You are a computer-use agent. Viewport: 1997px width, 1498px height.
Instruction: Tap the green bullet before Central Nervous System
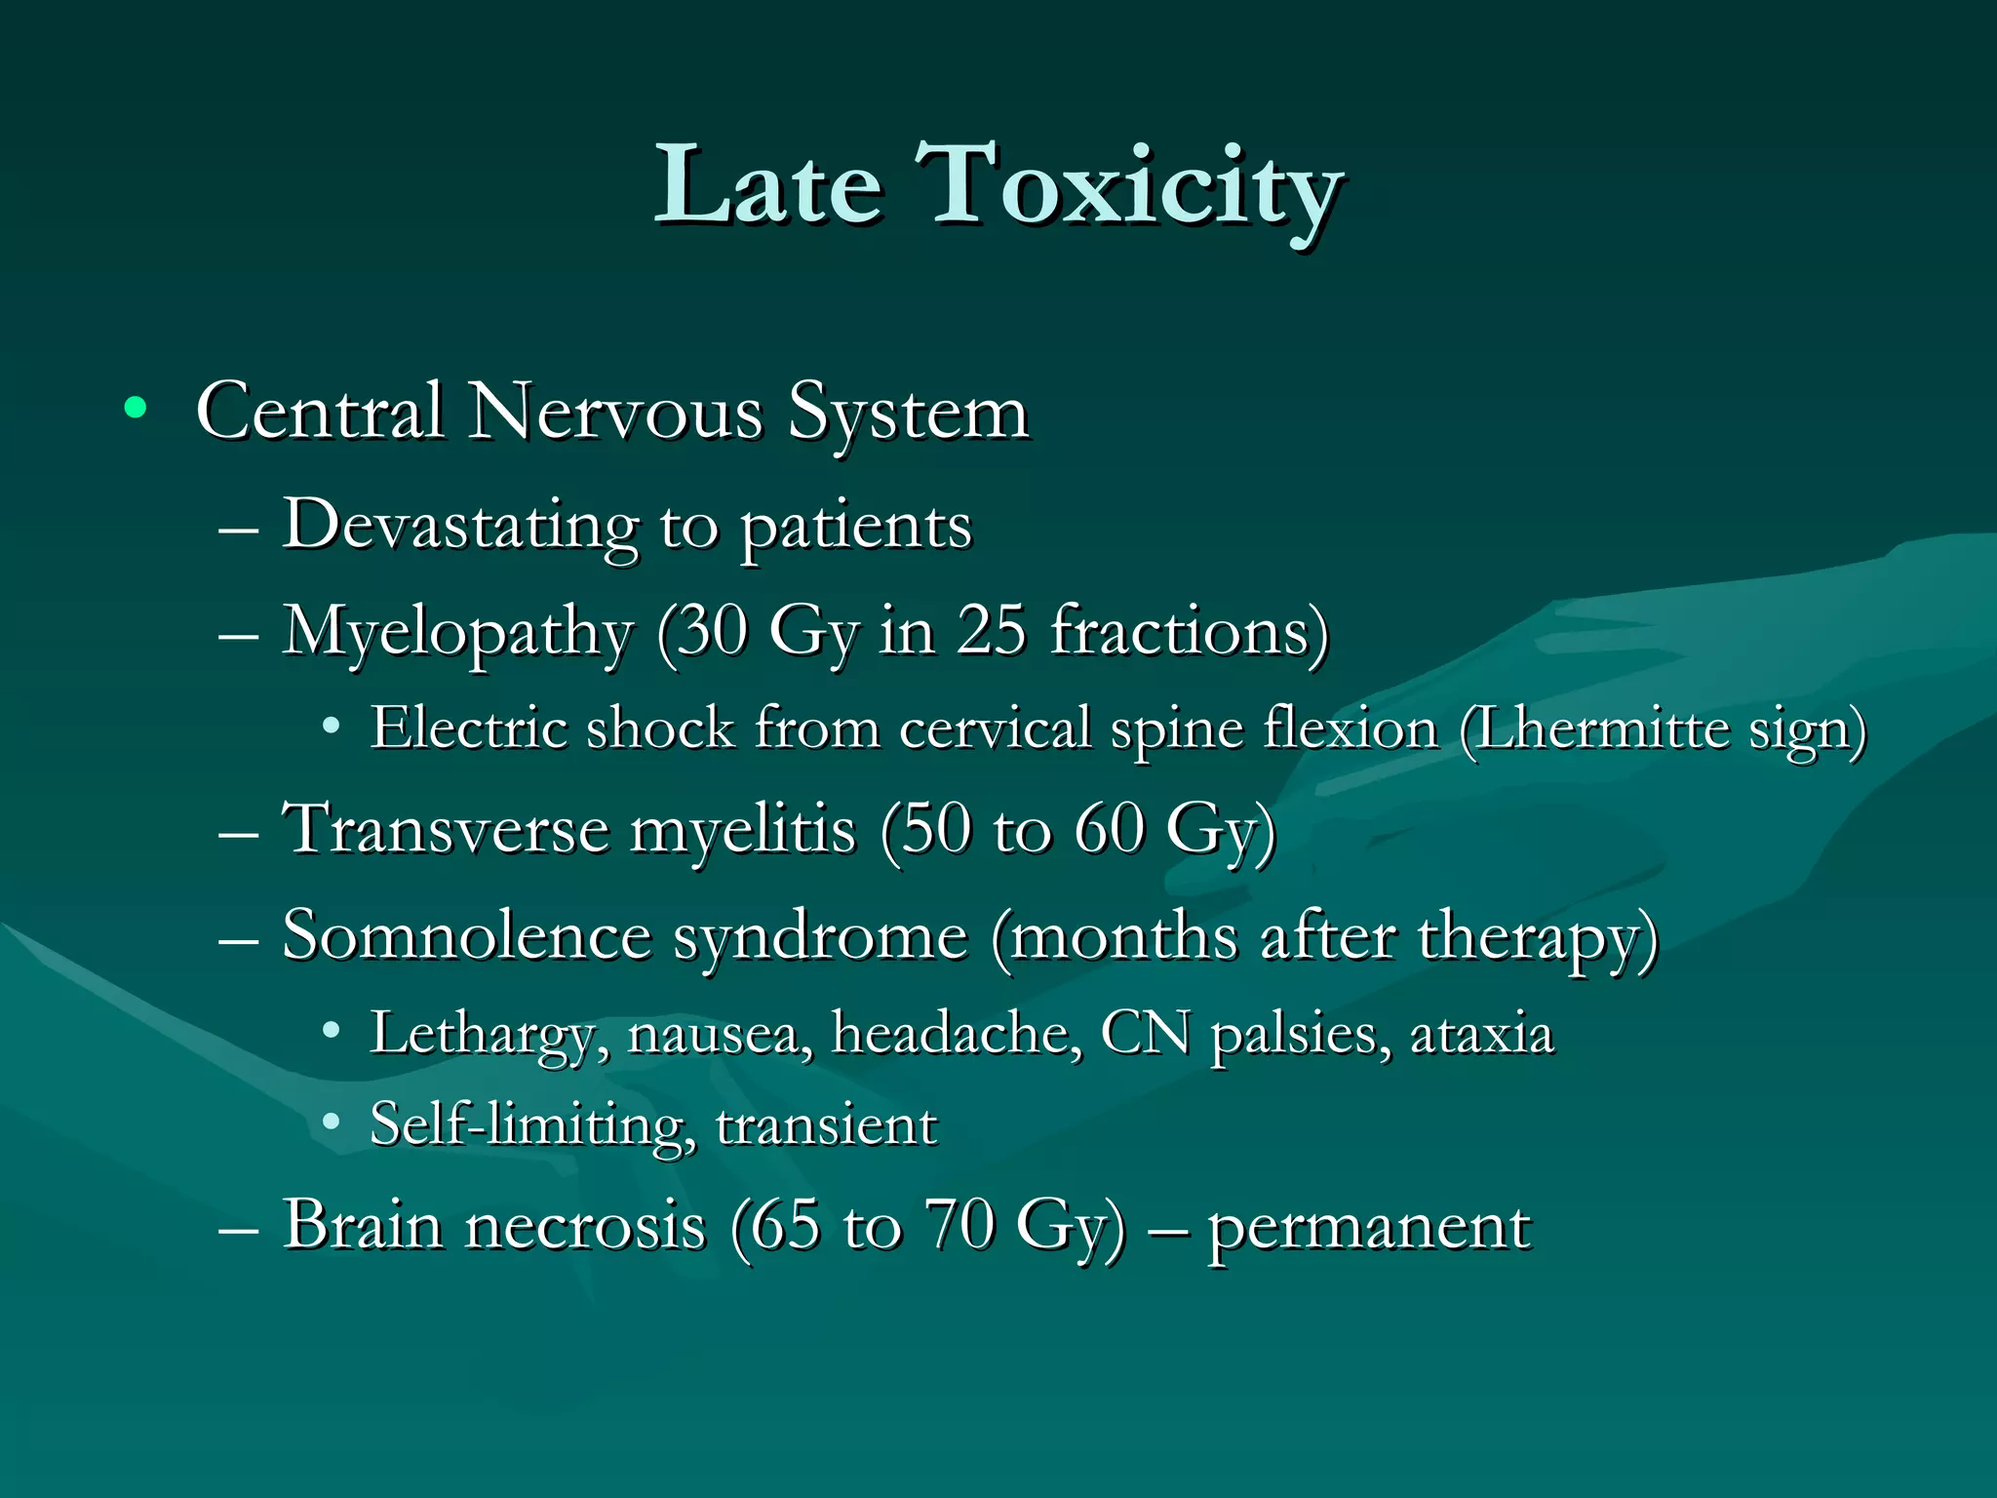pos(136,409)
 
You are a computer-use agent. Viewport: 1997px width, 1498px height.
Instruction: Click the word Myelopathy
pos(458,634)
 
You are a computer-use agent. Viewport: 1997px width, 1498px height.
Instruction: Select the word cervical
pos(995,729)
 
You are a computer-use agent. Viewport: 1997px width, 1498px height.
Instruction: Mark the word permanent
pos(1369,1227)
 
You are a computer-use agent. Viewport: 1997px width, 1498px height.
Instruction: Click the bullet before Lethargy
pos(332,1030)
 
